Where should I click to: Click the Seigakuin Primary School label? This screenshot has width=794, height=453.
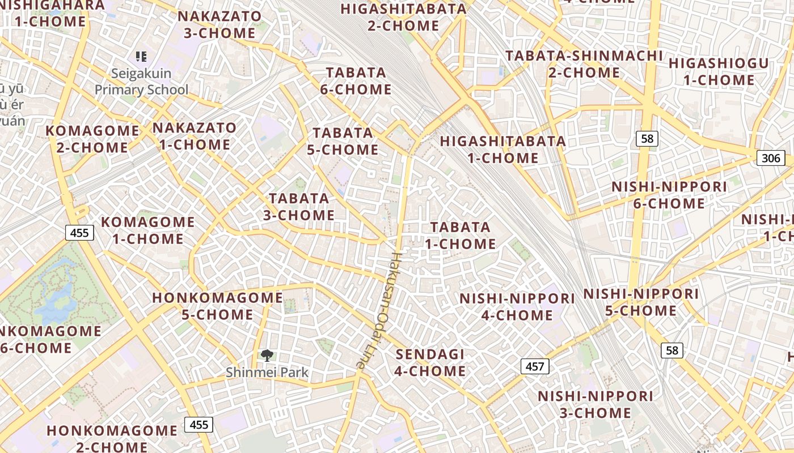coord(141,82)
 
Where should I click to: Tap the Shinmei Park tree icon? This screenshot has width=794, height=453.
coord(267,356)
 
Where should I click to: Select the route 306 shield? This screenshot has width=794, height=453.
coord(770,158)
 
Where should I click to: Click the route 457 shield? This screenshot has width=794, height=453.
coord(534,366)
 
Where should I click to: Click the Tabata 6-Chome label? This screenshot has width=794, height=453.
coord(356,81)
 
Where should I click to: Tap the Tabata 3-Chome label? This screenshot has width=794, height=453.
coord(299,207)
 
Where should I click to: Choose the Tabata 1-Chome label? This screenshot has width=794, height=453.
coord(461,236)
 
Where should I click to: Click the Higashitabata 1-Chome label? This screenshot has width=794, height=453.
coord(503,149)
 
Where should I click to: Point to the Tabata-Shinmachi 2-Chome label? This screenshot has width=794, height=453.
coord(584,64)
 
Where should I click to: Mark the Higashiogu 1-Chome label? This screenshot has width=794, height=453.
coord(719,71)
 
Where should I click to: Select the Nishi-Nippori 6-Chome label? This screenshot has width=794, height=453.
coord(669,195)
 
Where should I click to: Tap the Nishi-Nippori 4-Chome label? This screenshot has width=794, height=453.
coord(517,306)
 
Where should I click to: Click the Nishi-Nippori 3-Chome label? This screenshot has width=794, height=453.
coord(595,404)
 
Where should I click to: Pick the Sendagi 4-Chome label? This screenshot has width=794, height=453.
coord(430,363)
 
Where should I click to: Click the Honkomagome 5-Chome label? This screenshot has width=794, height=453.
coord(218,306)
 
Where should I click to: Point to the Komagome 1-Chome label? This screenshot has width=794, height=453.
coord(147,230)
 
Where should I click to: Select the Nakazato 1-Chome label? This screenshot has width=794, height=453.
coord(195,136)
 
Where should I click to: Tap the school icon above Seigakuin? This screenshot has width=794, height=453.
coord(141,56)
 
